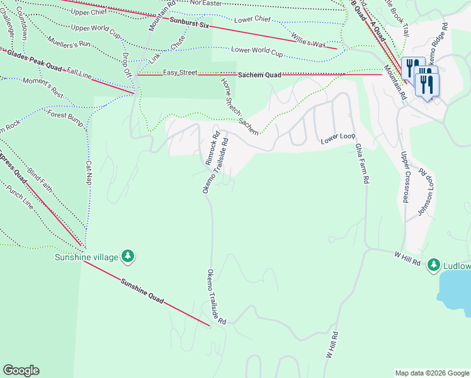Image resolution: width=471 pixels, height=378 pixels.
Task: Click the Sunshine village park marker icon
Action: (128, 256)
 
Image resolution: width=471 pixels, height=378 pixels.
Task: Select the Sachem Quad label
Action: (259, 75)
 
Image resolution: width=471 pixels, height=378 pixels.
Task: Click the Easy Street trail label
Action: (180, 73)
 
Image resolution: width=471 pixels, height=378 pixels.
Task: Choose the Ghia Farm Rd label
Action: (361, 163)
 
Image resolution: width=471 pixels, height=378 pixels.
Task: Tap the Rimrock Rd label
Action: (213, 147)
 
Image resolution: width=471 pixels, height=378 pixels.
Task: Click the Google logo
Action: (21, 370)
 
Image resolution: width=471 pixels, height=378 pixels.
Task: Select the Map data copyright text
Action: (431, 373)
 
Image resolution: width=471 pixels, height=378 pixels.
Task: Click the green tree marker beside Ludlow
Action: (434, 265)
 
